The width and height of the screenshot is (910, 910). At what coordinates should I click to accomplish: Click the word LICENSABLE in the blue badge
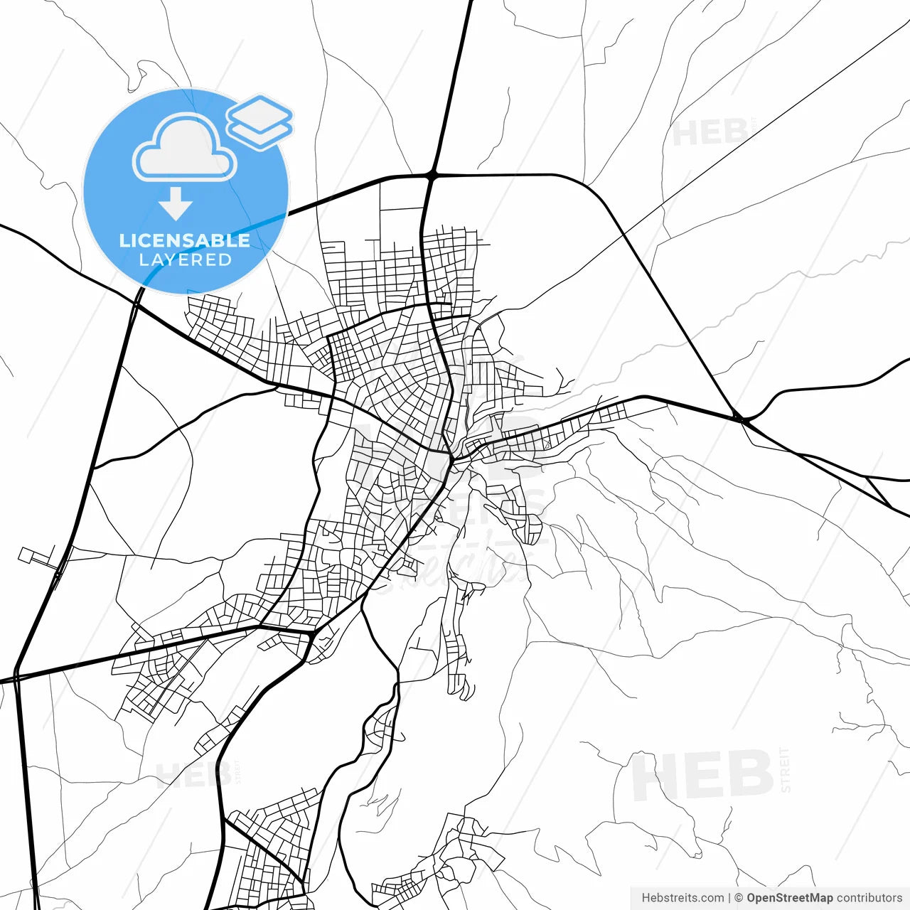[185, 240]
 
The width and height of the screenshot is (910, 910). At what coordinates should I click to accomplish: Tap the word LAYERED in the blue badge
[185, 260]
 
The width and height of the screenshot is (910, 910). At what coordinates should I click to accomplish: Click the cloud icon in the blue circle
[185, 148]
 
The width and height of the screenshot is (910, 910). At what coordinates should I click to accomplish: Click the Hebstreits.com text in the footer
[682, 898]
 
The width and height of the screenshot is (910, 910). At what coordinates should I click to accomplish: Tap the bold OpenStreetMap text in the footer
[790, 898]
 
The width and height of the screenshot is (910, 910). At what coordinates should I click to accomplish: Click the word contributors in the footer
[869, 898]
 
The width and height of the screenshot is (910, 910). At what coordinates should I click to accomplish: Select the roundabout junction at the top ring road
[432, 173]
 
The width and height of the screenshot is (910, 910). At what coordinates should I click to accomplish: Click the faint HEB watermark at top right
[710, 133]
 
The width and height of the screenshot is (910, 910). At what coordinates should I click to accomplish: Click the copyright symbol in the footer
[739, 898]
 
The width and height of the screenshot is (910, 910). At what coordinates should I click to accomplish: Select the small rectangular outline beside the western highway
[31, 555]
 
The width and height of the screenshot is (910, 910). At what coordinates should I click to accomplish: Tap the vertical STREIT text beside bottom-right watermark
[785, 770]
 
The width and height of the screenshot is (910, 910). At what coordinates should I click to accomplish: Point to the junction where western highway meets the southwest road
[16, 676]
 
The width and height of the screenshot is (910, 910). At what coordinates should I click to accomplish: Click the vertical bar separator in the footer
[729, 898]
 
